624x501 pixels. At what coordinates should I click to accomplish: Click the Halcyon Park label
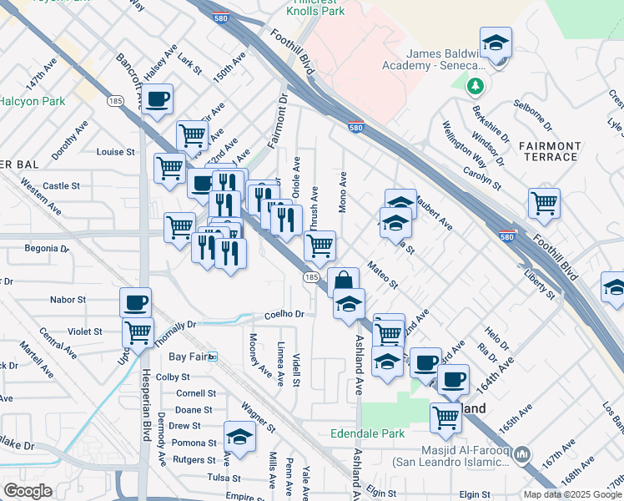32,101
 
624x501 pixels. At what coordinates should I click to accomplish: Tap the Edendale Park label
367,433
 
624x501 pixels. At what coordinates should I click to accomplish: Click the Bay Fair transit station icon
213,357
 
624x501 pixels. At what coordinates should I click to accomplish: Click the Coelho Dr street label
285,315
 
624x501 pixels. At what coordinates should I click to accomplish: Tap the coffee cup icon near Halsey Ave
157,99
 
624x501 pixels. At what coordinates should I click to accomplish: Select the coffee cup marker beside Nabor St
135,302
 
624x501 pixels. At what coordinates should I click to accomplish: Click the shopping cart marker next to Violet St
138,332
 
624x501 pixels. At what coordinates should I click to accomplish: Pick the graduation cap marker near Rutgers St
239,437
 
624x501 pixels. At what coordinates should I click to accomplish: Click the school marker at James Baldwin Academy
496,43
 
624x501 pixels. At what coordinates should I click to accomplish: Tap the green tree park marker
476,85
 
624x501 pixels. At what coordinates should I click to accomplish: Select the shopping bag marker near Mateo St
343,282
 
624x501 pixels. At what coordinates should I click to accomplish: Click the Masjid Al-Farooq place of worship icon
522,453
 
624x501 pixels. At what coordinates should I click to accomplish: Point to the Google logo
28,491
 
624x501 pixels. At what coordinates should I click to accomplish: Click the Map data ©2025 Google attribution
572,494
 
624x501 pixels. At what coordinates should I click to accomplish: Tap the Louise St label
115,152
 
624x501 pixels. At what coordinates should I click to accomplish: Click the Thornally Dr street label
174,326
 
